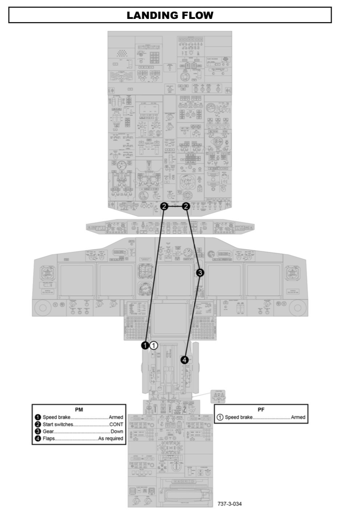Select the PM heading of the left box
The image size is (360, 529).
pyautogui.click(x=79, y=409)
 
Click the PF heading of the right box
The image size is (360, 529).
pyautogui.click(x=261, y=409)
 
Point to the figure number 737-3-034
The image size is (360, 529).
pyautogui.click(x=229, y=504)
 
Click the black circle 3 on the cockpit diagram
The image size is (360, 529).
pyautogui.click(x=200, y=272)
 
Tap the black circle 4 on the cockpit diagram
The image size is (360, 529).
pyautogui.click(x=185, y=360)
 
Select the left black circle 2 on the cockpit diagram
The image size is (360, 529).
pyautogui.click(x=164, y=206)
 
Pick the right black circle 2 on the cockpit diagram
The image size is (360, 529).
pyautogui.click(x=186, y=206)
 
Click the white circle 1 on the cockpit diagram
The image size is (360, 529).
pyautogui.click(x=154, y=345)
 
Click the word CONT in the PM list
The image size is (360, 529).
pyautogui.click(x=116, y=424)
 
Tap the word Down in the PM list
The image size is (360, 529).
pyautogui.click(x=117, y=431)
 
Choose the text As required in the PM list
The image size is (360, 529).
pyautogui.click(x=111, y=438)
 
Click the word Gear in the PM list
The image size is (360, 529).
pyautogui.click(x=48, y=431)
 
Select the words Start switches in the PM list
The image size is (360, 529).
pyautogui.click(x=58, y=424)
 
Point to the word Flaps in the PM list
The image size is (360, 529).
pyautogui.click(x=49, y=438)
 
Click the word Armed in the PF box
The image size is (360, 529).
pyautogui.click(x=298, y=417)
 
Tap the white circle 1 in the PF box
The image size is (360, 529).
pyautogui.click(x=220, y=417)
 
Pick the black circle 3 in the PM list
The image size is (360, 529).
pyautogui.click(x=37, y=431)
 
